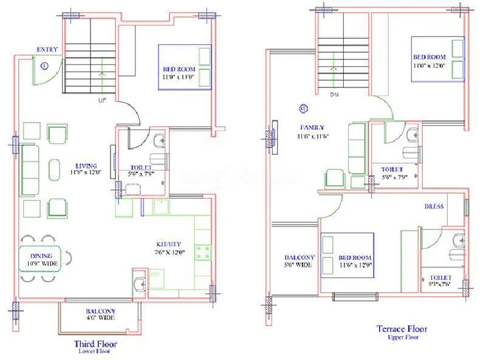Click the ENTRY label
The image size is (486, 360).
(47, 49)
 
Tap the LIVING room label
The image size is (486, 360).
(85, 165)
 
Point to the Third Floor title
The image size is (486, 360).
(95, 344)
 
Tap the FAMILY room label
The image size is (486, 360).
(311, 128)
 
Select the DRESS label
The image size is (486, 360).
(434, 206)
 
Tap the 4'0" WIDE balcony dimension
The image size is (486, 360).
(100, 318)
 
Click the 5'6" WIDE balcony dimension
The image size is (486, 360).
(298, 265)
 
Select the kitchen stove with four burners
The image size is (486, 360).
(202, 251)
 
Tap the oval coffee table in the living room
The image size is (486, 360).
(55, 169)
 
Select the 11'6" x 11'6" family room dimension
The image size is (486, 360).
(313, 136)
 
